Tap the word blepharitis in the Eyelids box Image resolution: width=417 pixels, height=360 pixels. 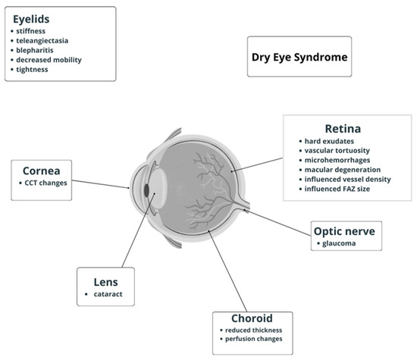coord(41,49)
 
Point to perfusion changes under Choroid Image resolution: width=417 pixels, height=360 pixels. coord(253,340)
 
